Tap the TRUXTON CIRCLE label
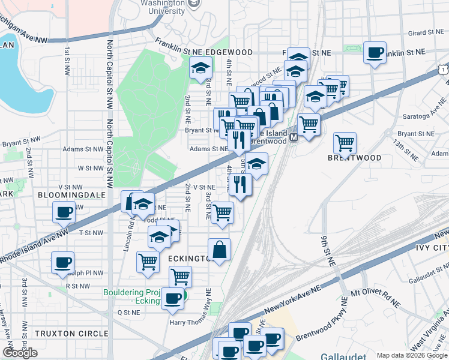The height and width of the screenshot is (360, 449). click(71, 333)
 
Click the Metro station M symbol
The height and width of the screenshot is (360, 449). click(294, 137)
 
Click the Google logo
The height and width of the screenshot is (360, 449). click(20, 353)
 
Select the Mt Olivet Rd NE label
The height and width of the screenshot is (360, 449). click(375, 295)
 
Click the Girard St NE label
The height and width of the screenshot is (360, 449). click(408, 34)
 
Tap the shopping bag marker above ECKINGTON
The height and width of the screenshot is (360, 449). click(220, 250)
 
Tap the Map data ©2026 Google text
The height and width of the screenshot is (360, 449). click(411, 355)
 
